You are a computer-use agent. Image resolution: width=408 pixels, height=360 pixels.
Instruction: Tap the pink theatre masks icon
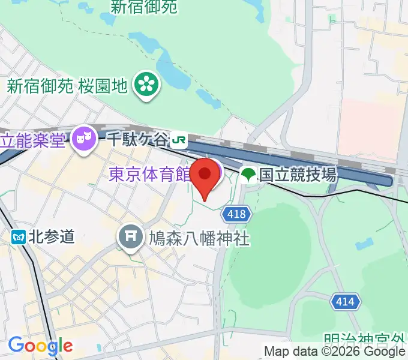84,141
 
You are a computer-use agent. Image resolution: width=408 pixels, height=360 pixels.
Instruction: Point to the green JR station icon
178,141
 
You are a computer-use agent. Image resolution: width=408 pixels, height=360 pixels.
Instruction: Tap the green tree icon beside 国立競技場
248,175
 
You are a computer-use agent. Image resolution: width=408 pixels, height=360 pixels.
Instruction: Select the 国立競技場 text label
298,175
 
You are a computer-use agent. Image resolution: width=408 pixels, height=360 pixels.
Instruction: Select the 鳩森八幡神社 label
199,239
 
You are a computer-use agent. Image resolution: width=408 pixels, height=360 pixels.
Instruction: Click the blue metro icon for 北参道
18,236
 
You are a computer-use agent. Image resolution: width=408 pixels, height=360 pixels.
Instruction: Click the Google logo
40,346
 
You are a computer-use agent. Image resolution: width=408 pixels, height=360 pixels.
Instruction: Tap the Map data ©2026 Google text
335,352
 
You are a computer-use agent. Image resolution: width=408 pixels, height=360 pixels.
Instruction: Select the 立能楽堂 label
33,141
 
